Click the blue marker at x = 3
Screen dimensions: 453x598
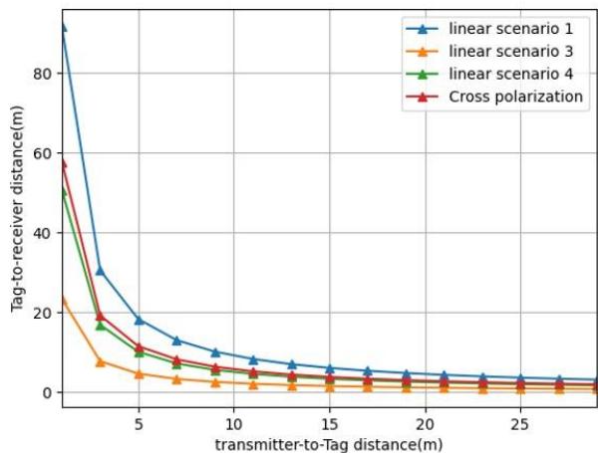pyautogui.click(x=101, y=271)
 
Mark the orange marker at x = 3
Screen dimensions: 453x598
pyautogui.click(x=101, y=361)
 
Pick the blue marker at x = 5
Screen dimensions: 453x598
pyautogui.click(x=139, y=320)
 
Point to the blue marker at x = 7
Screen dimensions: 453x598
pyautogui.click(x=176, y=340)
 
